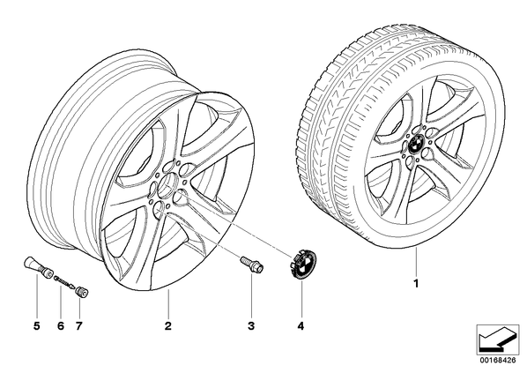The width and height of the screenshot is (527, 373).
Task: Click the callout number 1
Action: pyautogui.click(x=416, y=284)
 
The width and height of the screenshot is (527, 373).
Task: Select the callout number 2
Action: pyautogui.click(x=168, y=325)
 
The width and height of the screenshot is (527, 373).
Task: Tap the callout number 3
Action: pyautogui.click(x=251, y=325)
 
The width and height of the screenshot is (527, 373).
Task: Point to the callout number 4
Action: pyautogui.click(x=301, y=325)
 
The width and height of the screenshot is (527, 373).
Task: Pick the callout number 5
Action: pyautogui.click(x=37, y=325)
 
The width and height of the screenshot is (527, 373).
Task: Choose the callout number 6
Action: pyautogui.click(x=61, y=325)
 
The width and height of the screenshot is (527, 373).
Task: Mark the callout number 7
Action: pyautogui.click(x=78, y=325)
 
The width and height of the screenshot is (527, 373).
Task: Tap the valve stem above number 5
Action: pyautogui.click(x=38, y=268)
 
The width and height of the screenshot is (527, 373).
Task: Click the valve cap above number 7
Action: pyautogui.click(x=82, y=291)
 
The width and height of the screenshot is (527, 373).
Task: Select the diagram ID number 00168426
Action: pyautogui.click(x=497, y=361)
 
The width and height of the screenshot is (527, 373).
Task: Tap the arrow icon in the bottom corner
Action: pyautogui.click(x=497, y=339)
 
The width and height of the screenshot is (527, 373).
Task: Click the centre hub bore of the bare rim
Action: pyautogui.click(x=168, y=183)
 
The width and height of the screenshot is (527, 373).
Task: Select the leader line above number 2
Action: pyautogui.click(x=168, y=302)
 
